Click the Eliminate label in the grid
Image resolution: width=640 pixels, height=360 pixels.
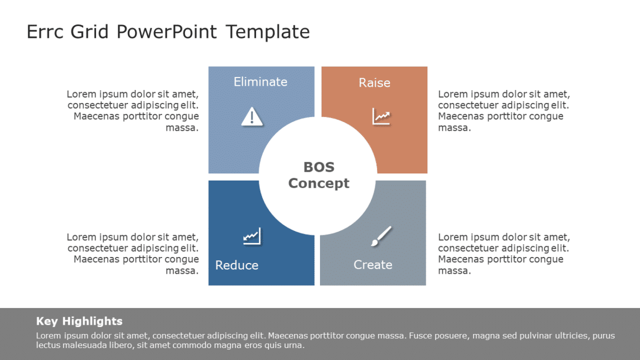(260, 82)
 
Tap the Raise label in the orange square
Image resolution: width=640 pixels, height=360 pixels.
(374, 83)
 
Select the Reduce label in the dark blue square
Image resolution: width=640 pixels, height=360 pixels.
(236, 265)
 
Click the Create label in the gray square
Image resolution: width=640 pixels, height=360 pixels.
(373, 265)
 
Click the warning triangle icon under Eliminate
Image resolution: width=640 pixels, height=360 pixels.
(252, 117)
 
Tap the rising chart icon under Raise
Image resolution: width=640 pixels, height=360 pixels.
(381, 117)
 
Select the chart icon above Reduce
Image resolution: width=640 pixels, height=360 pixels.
(252, 236)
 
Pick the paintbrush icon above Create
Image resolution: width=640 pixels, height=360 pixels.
(381, 236)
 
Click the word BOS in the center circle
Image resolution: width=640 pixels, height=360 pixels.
(319, 167)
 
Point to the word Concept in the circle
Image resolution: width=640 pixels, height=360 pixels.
(319, 183)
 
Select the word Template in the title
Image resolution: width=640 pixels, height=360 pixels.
(268, 32)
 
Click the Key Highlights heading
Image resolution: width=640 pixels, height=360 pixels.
(79, 321)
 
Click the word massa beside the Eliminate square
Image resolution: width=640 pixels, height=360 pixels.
(182, 128)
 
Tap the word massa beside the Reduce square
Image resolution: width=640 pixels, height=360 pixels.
(182, 271)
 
